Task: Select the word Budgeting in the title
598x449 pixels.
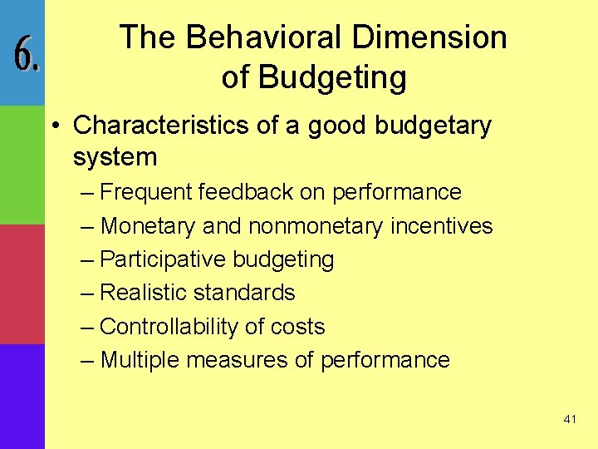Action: point(332,76)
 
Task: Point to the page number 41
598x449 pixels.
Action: point(569,419)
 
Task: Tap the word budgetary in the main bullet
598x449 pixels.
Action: point(433,126)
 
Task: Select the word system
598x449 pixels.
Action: point(115,156)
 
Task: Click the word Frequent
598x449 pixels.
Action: point(146,192)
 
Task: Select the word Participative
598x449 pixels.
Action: point(162,259)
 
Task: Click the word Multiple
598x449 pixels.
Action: point(140,360)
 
